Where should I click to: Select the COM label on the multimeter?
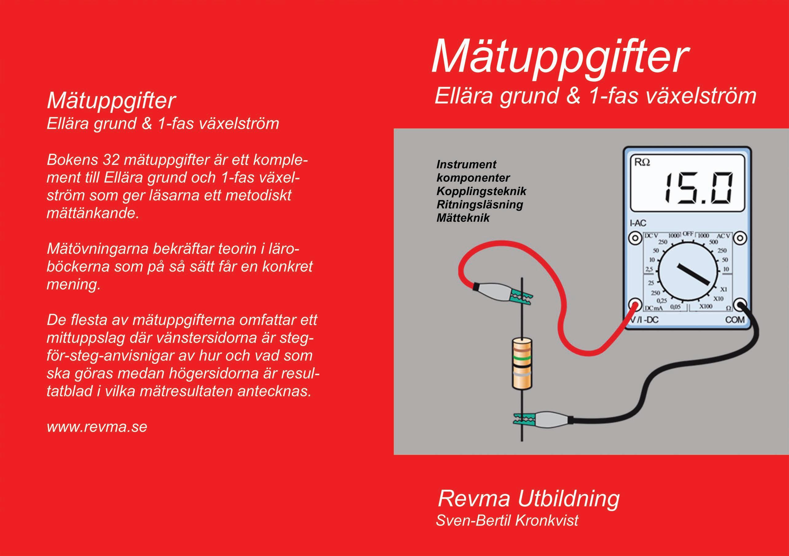point(735,320)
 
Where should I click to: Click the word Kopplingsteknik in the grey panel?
point(481,191)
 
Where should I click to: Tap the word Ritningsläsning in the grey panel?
point(479,205)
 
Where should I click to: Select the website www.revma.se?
point(97,427)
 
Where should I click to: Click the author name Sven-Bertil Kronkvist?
point(507,520)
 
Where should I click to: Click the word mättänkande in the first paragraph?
point(93,213)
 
